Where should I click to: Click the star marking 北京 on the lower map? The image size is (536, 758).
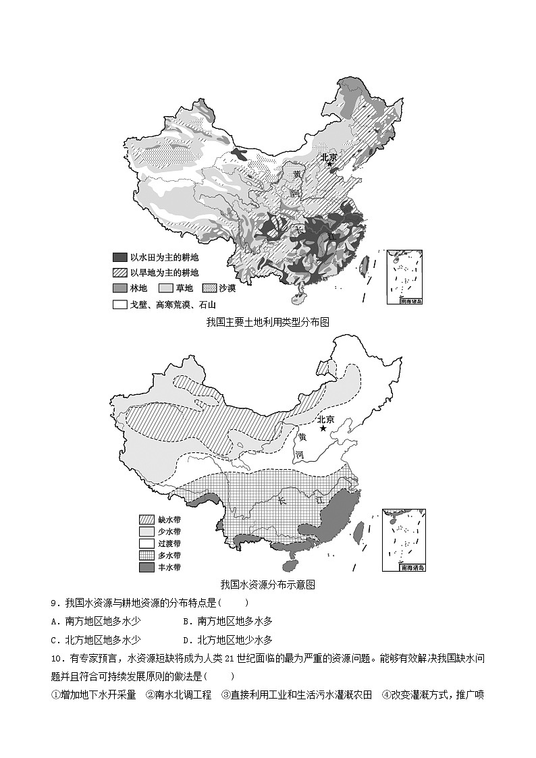(323, 429)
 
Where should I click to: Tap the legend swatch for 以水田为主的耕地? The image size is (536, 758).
(120, 257)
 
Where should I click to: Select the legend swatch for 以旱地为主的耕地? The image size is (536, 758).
(120, 273)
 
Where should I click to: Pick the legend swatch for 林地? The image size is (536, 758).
(120, 288)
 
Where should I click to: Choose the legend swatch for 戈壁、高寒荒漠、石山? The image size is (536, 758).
(120, 304)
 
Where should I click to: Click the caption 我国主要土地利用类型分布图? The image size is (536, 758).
(267, 323)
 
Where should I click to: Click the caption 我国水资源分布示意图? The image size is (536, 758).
(267, 585)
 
